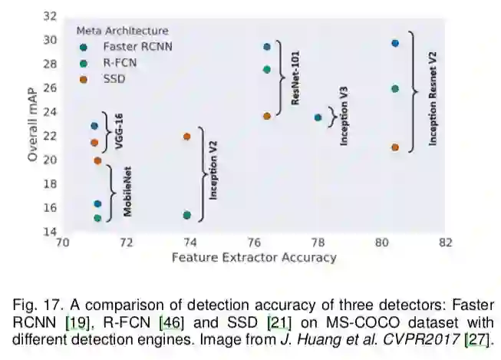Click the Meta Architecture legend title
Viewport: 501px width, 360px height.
[x=122, y=31]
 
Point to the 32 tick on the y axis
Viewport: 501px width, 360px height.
[x=49, y=16]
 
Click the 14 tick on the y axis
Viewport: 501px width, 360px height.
[x=49, y=232]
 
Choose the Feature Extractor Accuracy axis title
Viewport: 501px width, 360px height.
[x=254, y=258]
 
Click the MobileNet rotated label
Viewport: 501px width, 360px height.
[x=128, y=191]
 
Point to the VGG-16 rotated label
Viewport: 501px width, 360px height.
[x=120, y=132]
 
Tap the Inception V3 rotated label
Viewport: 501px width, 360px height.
[x=344, y=116]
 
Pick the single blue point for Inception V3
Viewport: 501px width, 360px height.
[x=318, y=117]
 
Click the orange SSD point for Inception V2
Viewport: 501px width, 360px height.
[x=187, y=137]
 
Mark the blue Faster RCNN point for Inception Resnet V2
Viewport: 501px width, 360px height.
[x=395, y=43]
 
